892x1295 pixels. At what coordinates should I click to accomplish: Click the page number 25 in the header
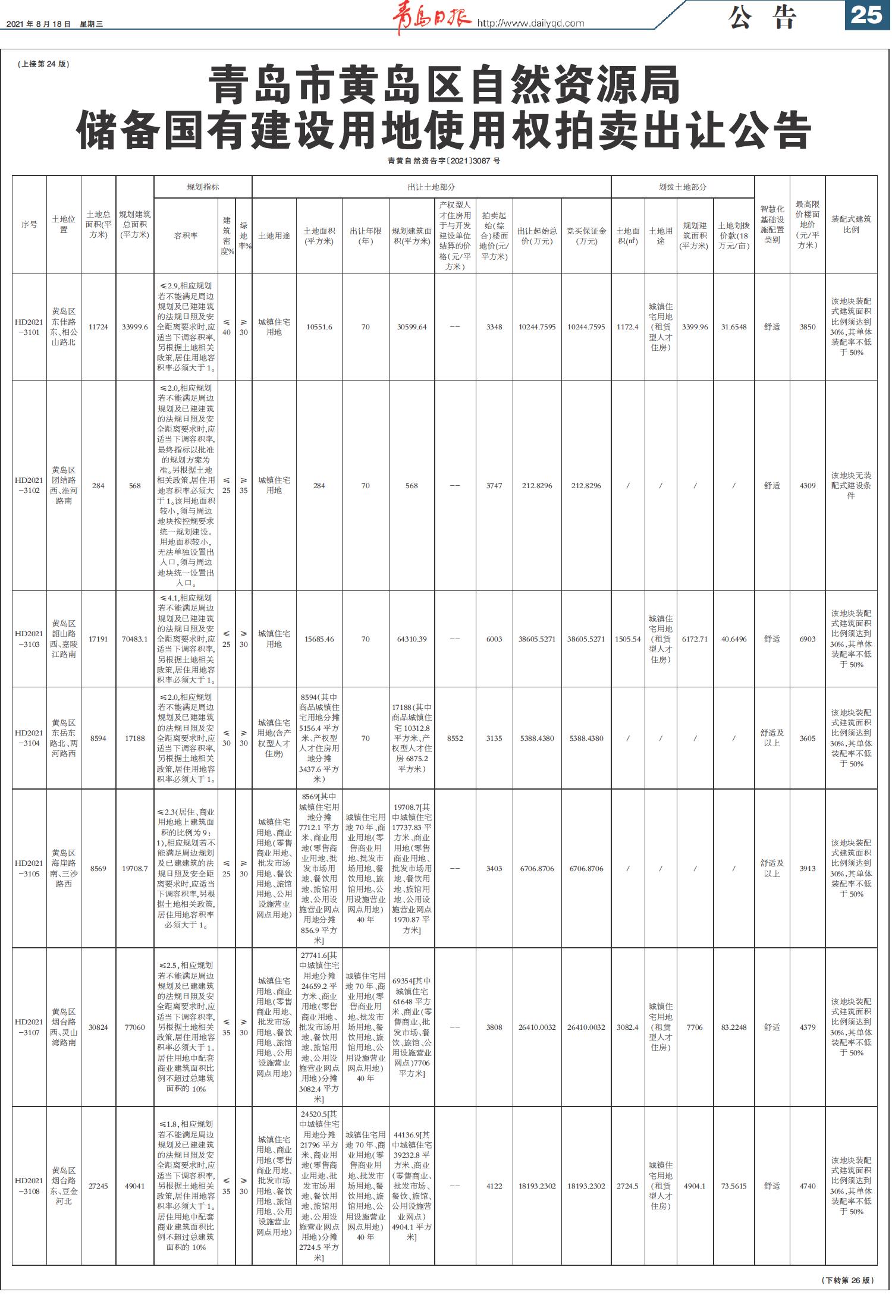[x=866, y=15]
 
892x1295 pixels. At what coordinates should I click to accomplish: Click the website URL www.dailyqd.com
[x=531, y=24]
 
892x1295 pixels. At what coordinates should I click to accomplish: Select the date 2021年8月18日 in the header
[x=39, y=24]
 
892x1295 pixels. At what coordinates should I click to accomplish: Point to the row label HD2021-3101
[x=29, y=327]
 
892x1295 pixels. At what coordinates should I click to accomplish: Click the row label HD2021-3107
[x=29, y=1027]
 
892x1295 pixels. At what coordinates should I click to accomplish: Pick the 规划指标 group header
[x=203, y=187]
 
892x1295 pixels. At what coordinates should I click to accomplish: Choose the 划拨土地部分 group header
[x=683, y=187]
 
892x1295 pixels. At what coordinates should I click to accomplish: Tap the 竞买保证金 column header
[x=586, y=236]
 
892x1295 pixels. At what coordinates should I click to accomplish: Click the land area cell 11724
[x=98, y=327]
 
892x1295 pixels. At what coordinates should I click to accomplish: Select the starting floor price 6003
[x=494, y=639]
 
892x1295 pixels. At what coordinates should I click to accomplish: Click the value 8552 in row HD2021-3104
[x=455, y=738]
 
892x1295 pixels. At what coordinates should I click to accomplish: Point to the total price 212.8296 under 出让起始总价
[x=537, y=486]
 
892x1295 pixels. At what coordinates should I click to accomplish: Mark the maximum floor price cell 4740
[x=808, y=1186]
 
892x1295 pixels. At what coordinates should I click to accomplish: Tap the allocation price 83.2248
[x=734, y=1027]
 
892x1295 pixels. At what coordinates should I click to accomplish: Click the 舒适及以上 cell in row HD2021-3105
[x=772, y=868]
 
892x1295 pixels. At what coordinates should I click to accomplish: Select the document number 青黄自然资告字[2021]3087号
[x=444, y=161]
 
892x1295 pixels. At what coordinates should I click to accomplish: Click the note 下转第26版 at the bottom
[x=847, y=1280]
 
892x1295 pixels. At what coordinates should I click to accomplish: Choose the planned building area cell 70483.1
[x=135, y=639]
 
